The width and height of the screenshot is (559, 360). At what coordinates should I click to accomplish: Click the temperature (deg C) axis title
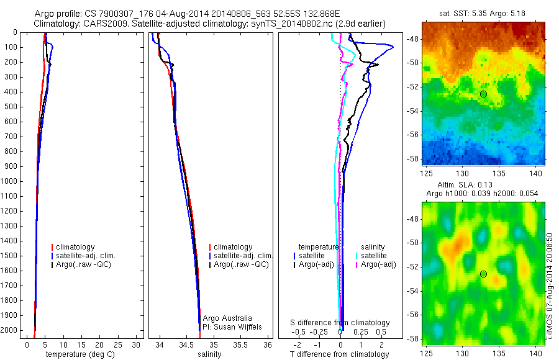[79, 354]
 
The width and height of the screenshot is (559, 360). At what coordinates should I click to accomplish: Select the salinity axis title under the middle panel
[209, 354]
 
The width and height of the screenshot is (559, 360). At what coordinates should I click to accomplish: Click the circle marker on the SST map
[483, 94]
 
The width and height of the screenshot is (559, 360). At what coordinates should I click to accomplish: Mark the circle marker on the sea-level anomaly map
[483, 274]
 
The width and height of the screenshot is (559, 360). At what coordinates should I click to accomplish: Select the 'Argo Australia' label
[228, 318]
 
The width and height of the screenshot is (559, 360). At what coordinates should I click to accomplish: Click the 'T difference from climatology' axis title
[339, 354]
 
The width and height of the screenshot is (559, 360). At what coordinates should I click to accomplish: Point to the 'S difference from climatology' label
[340, 323]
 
